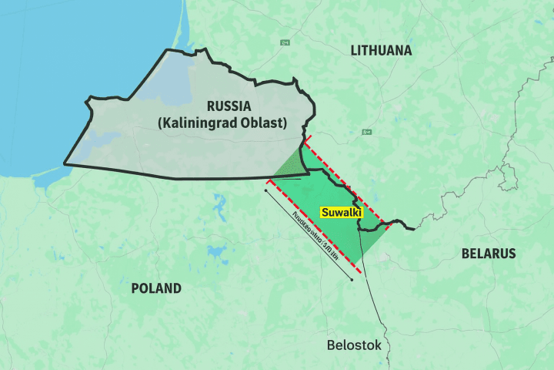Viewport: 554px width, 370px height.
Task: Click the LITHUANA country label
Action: pyautogui.click(x=381, y=51)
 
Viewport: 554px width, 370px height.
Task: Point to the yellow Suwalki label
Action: pyautogui.click(x=341, y=211)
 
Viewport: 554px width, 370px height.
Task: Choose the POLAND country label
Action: pyautogui.click(x=156, y=288)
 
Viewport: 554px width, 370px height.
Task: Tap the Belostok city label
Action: pyautogui.click(x=353, y=345)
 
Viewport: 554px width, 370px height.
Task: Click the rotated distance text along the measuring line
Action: pyautogui.click(x=316, y=235)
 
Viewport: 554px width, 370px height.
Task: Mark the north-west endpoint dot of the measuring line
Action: pyautogui.click(x=265, y=190)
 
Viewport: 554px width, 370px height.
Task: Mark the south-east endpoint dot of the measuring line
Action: pyautogui.click(x=352, y=279)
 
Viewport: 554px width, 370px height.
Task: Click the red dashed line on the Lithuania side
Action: pyautogui.click(x=346, y=182)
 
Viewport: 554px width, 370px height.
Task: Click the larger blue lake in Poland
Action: pyautogui.click(x=220, y=204)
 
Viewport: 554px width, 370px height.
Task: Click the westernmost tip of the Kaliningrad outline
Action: pyautogui.click(x=65, y=163)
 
